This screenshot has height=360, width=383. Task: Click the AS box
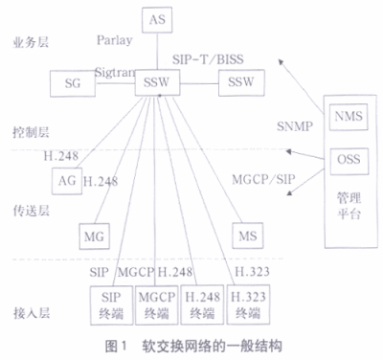(157, 17)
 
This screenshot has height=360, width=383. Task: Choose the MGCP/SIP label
(264, 177)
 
